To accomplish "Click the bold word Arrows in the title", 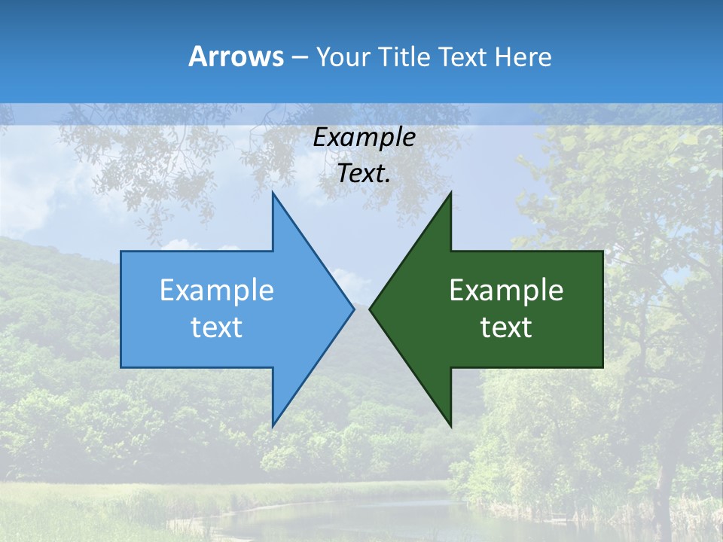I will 236,56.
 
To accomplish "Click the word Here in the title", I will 523,56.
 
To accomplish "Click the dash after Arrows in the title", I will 299,58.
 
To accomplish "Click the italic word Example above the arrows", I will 364,138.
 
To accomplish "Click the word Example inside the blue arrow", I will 217,290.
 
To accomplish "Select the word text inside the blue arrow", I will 217,327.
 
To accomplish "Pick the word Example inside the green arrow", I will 506,290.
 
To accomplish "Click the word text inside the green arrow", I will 506,327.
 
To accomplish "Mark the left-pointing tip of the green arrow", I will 371,309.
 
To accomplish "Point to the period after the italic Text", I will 388,181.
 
